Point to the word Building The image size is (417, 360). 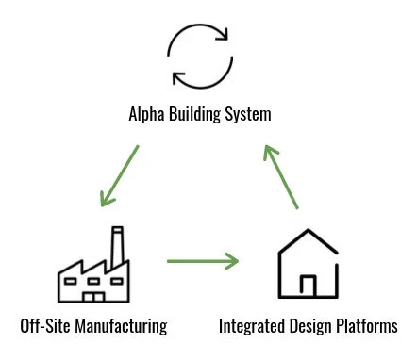(x=203, y=115)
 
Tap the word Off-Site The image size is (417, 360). (x=42, y=326)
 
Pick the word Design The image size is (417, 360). (x=314, y=326)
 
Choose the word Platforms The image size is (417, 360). (x=369, y=326)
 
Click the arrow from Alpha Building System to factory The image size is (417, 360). (x=121, y=175)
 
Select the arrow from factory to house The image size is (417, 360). (x=203, y=260)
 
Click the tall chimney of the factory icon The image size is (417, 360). (x=118, y=247)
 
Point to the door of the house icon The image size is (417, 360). (x=308, y=285)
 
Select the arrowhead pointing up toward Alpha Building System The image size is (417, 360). (x=270, y=153)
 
